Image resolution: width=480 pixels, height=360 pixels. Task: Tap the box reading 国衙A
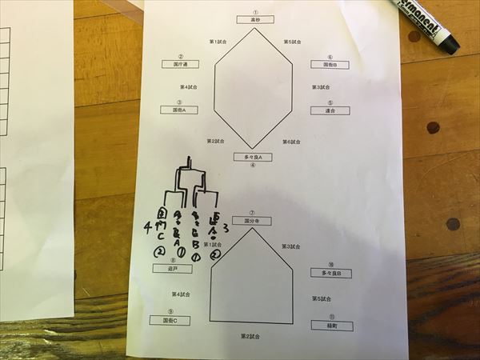point(180,110)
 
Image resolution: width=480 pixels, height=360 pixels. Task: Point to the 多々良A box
point(253,158)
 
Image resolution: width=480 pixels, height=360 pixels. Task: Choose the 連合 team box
point(330,110)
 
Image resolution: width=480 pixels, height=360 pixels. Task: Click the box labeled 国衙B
point(330,65)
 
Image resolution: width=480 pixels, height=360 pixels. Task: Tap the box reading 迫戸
point(172,270)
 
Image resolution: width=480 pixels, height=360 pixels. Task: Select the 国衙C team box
point(170,320)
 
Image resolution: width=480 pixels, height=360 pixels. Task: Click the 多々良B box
point(330,274)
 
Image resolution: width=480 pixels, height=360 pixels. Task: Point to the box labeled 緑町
point(330,326)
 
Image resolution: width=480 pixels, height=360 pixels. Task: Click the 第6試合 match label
point(291,142)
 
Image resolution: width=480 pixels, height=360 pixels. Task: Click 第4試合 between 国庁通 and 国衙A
point(188,87)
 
